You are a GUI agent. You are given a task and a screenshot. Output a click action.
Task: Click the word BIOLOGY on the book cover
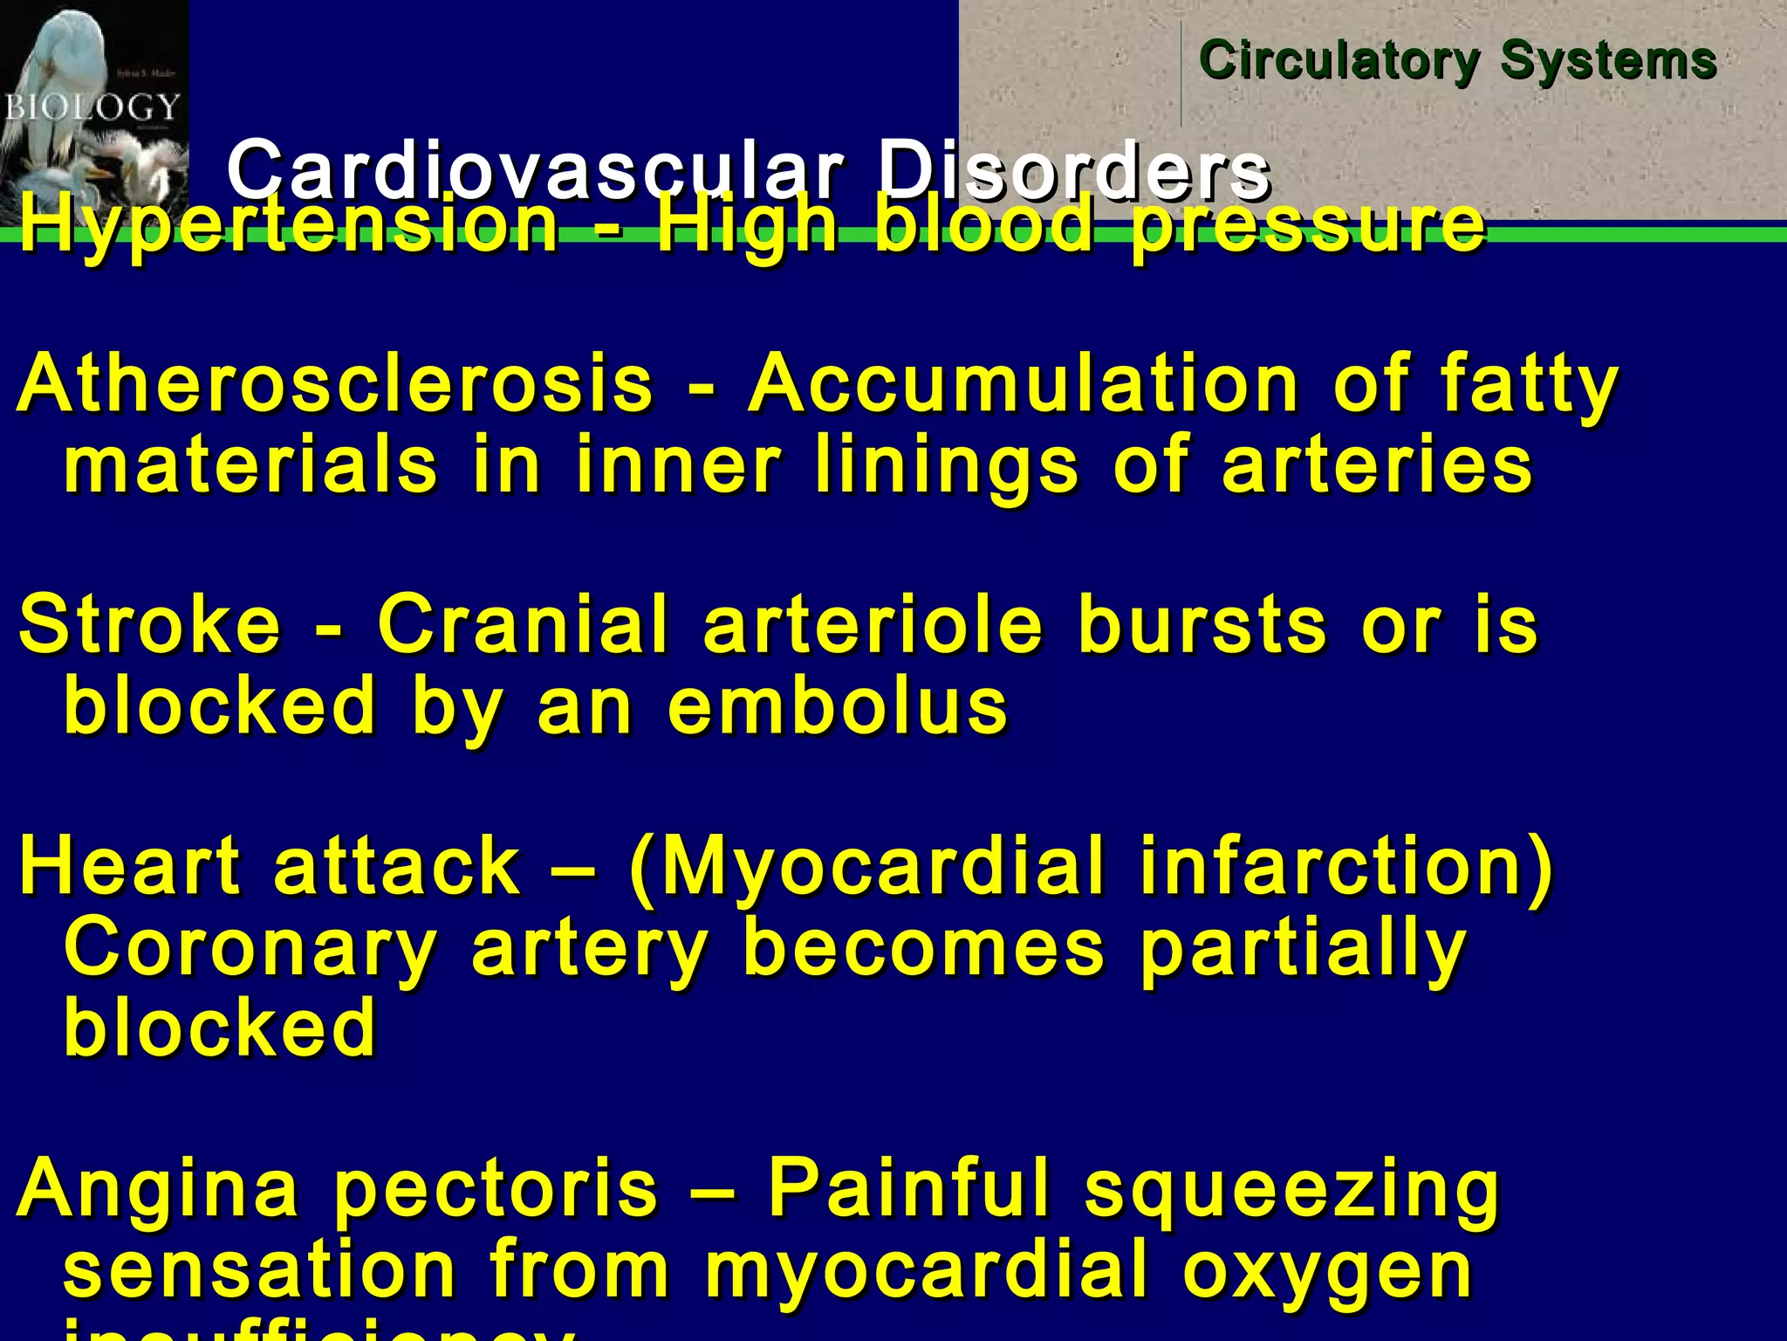pos(92,107)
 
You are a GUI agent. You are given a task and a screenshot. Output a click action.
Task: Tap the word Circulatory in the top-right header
pos(1339,61)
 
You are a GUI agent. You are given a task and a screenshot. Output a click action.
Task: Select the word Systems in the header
pos(1608,61)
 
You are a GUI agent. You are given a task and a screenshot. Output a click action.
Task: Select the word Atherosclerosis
pos(335,384)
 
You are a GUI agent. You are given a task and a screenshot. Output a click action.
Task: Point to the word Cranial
pos(523,623)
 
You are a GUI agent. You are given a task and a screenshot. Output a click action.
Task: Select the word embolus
pos(838,705)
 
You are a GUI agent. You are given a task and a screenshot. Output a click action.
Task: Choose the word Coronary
pos(250,950)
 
